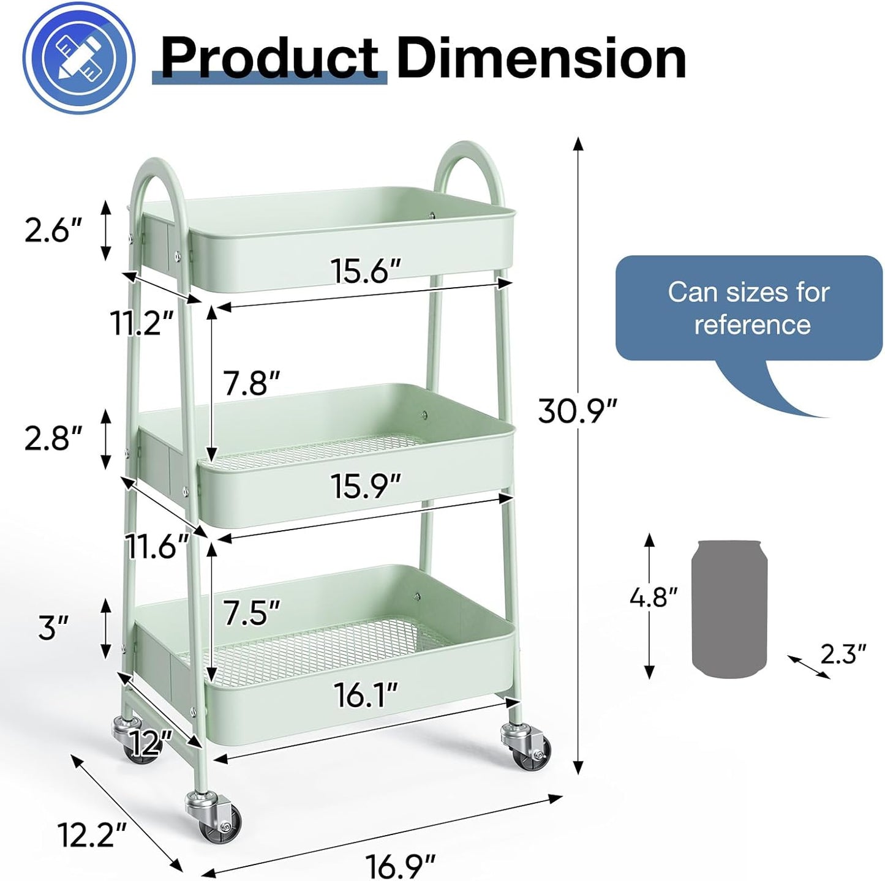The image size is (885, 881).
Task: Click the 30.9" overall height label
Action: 577,411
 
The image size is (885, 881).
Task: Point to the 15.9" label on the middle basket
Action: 366,486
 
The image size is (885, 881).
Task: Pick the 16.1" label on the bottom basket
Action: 366,695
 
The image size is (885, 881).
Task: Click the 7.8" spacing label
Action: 250,384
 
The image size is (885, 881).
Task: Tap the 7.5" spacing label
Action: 250,612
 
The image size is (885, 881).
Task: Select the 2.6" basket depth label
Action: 53,231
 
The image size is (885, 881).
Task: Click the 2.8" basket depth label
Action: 53,439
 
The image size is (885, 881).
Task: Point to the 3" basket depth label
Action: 53,628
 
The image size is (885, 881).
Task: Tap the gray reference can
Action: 729,609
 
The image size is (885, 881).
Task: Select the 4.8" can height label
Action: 653,597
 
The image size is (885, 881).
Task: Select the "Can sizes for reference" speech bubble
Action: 748,309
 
